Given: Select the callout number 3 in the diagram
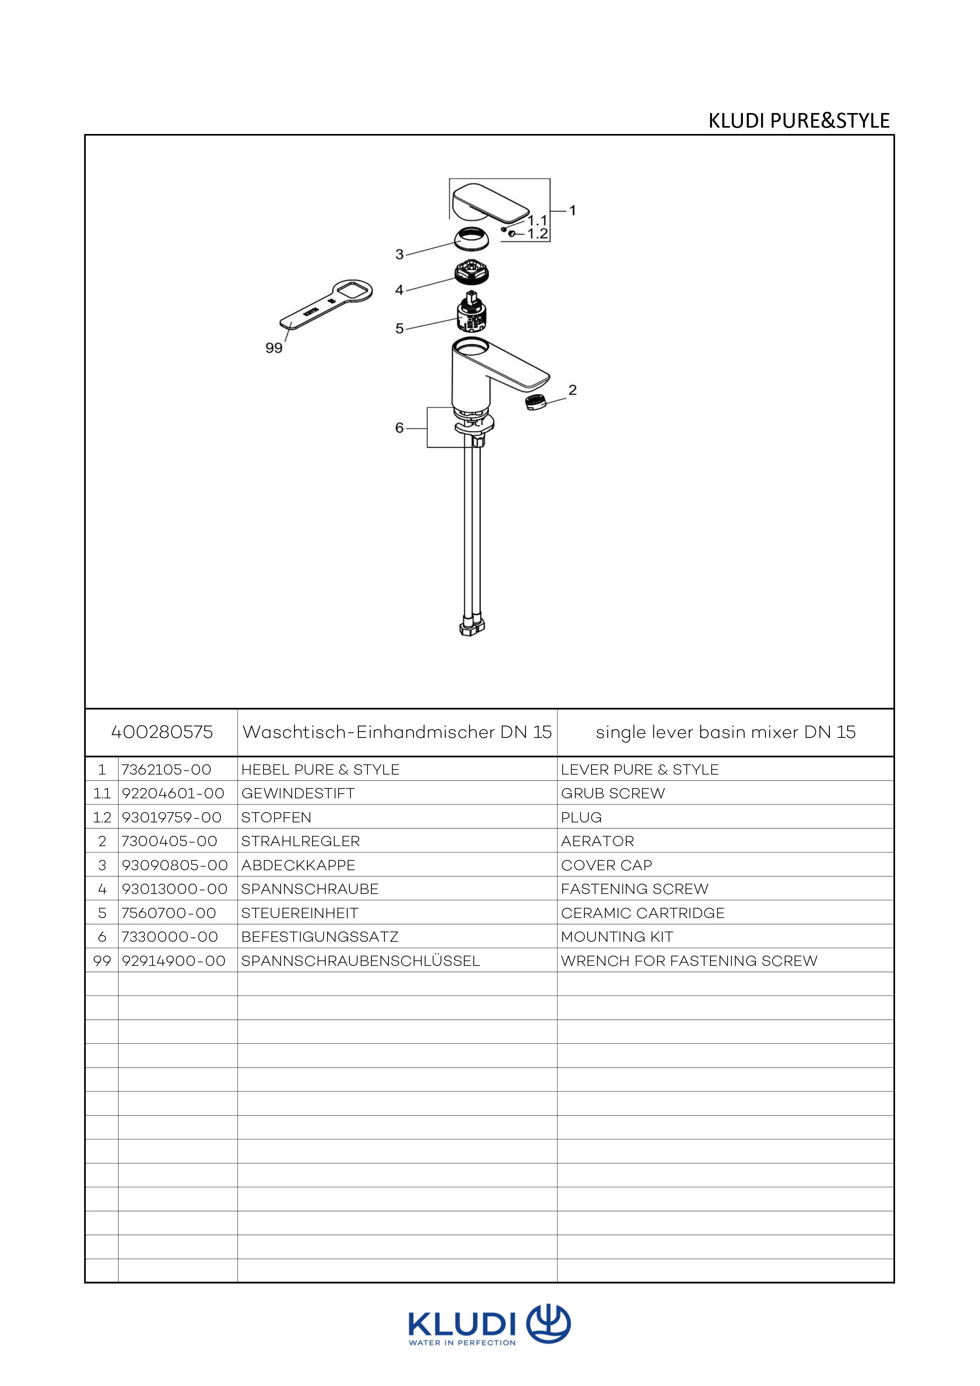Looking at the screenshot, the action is [400, 254].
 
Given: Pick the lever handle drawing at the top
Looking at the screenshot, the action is [489, 203].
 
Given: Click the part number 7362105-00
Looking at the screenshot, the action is [166, 769].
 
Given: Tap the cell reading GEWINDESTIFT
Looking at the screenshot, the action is [298, 793].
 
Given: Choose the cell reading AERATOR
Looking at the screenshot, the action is [597, 841].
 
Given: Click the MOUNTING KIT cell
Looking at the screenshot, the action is [617, 937].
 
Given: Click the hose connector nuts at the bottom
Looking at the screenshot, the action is [472, 625].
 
